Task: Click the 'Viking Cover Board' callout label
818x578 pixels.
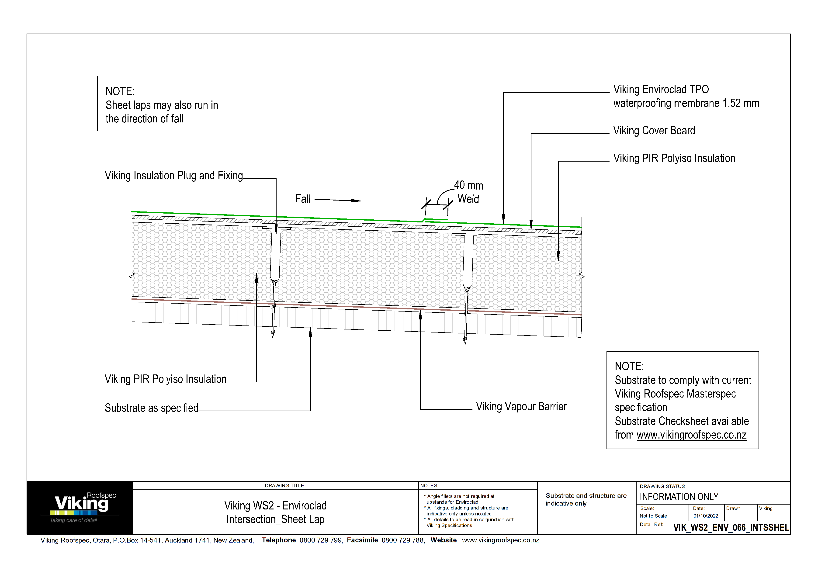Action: coord(654,131)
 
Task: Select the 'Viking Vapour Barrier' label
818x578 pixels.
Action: coord(521,407)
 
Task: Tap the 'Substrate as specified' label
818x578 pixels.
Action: coord(151,408)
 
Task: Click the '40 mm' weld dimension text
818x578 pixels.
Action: coord(468,186)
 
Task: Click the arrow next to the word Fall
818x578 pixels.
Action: coord(337,200)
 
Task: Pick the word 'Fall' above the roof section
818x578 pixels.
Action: coord(303,199)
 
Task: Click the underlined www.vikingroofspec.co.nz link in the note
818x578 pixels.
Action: coord(691,435)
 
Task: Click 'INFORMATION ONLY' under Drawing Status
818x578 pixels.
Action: coord(679,497)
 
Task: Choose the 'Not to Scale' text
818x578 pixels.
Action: coord(653,516)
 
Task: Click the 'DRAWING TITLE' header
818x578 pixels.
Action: coord(284,486)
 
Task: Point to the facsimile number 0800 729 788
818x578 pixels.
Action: coord(402,540)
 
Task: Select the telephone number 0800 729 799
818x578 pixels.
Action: coord(321,540)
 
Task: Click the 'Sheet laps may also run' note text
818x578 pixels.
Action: coord(162,105)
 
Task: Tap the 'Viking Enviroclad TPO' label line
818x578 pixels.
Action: coord(661,89)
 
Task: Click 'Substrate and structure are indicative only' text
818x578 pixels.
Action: coord(586,499)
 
